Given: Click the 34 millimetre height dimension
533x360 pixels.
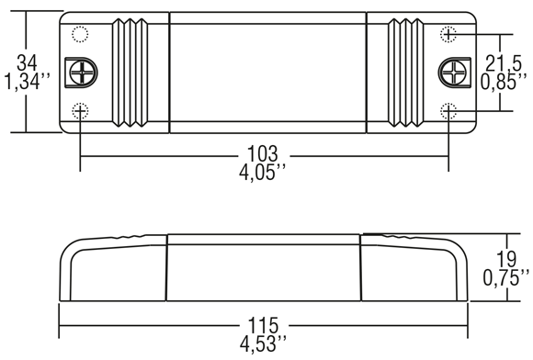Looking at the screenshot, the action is pyautogui.click(x=27, y=62).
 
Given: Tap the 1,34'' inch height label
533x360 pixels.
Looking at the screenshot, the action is pyautogui.click(x=28, y=82).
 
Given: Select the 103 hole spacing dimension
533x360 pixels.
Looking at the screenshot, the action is pyautogui.click(x=263, y=153).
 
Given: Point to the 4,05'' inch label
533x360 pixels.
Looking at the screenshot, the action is pyautogui.click(x=262, y=173).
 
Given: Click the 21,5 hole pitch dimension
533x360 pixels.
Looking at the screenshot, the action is pyautogui.click(x=504, y=62).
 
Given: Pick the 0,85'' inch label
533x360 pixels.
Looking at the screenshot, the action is pyautogui.click(x=504, y=82).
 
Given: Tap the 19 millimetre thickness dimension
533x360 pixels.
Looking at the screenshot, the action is pyautogui.click(x=506, y=259).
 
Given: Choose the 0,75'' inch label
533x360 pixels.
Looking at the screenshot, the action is pyautogui.click(x=506, y=278).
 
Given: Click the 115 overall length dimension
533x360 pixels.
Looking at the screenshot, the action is pyautogui.click(x=263, y=325).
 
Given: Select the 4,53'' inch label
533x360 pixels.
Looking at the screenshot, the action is pyautogui.click(x=263, y=344).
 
